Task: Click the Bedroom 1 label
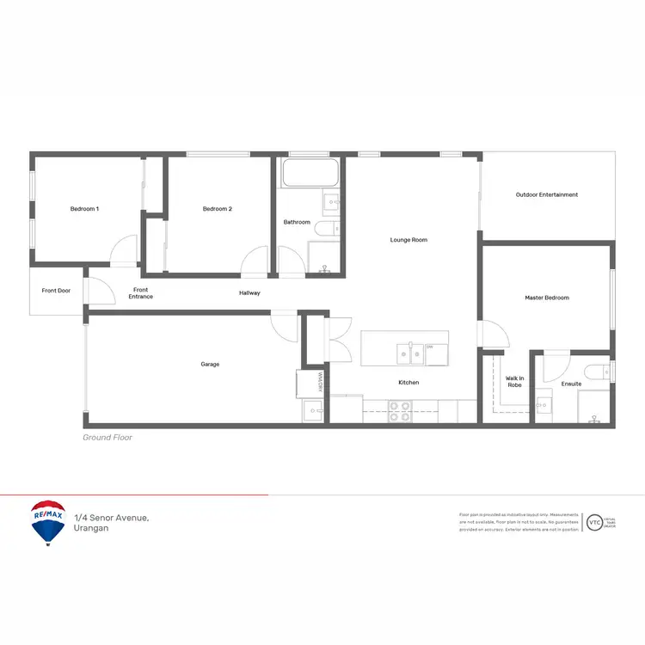[84, 209]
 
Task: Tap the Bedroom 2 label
[218, 209]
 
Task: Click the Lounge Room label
[408, 240]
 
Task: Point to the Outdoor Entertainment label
[547, 194]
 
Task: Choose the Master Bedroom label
[547, 298]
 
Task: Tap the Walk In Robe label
[514, 381]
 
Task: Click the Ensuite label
[571, 384]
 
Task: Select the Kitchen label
[408, 382]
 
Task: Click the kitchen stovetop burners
[400, 411]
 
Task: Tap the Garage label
[210, 364]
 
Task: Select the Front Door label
[56, 291]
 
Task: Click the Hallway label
[249, 293]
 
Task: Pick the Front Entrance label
[141, 293]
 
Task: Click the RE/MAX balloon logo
[48, 523]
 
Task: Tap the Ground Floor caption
[107, 438]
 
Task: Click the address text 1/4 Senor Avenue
[112, 517]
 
